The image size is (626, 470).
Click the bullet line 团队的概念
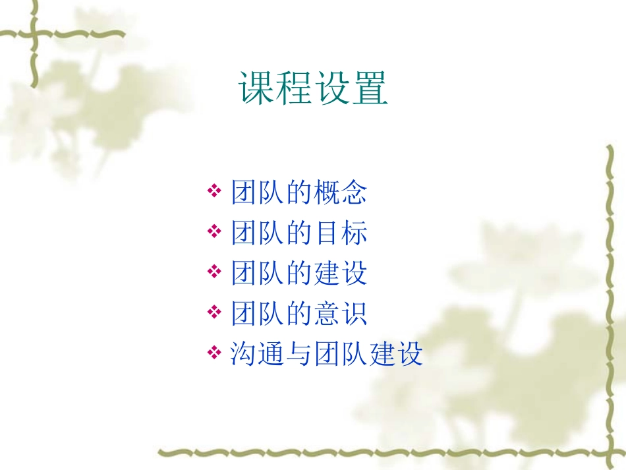(299, 193)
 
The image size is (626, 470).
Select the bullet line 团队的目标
(299, 233)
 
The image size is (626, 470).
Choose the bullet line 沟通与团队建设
(326, 354)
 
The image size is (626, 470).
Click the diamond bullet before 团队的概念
(213, 192)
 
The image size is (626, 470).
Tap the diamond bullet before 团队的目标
(213, 232)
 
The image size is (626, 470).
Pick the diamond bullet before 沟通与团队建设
(213, 353)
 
